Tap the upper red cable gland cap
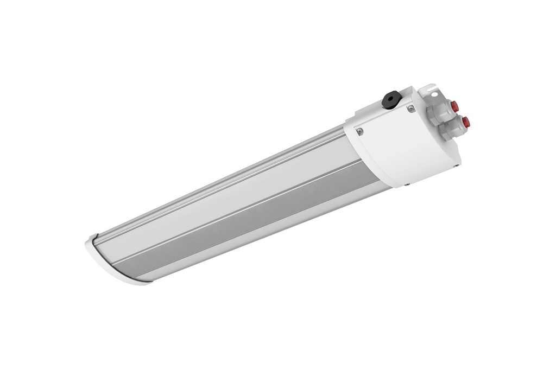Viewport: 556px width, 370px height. click(454, 106)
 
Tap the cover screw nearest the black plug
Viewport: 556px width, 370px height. click(411, 109)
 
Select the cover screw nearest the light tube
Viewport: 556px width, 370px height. click(359, 130)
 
